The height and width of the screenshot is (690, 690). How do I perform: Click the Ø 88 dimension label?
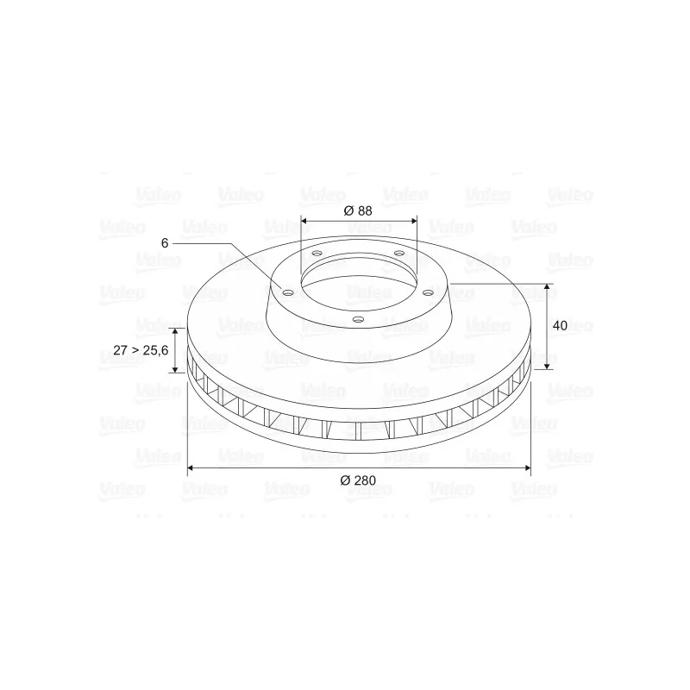(x=358, y=210)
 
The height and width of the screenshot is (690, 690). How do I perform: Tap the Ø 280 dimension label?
(x=358, y=480)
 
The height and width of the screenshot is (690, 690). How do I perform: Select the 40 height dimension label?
(x=560, y=326)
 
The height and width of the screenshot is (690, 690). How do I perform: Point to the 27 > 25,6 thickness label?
(x=141, y=350)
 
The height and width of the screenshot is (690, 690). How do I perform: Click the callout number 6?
(x=165, y=243)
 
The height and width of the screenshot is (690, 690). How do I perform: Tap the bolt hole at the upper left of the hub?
(x=317, y=254)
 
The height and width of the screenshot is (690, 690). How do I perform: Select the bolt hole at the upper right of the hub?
(x=399, y=253)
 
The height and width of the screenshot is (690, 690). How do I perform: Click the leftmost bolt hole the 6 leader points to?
(x=288, y=292)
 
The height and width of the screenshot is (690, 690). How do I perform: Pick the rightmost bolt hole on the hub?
(x=428, y=292)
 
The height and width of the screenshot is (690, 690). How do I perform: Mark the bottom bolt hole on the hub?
(x=359, y=319)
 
